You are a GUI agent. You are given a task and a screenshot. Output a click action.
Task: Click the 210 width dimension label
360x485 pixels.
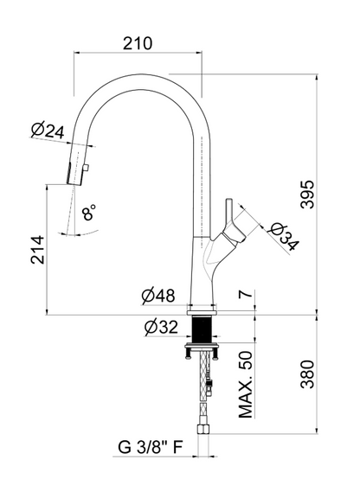click(x=138, y=43)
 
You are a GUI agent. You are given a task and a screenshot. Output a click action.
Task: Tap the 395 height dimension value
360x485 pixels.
click(x=308, y=195)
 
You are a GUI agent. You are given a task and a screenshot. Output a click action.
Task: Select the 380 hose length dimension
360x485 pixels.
click(x=308, y=374)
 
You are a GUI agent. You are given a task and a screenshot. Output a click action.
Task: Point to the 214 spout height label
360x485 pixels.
click(x=38, y=250)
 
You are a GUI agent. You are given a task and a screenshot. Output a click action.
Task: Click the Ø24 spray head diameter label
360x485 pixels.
click(x=48, y=131)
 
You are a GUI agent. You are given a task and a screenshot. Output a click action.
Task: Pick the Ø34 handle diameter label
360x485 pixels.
click(x=284, y=237)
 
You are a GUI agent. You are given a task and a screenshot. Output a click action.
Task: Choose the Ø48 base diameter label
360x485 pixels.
click(x=158, y=296)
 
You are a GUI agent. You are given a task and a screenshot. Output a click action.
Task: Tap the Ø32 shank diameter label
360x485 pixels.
click(x=161, y=327)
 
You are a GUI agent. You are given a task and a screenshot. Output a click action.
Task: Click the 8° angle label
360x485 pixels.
click(x=89, y=212)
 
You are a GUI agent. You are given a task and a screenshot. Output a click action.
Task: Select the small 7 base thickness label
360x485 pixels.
click(x=246, y=295)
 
